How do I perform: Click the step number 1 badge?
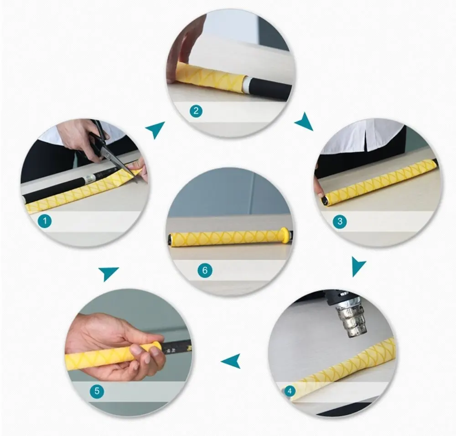[x=45, y=222]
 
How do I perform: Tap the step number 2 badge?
[x=196, y=111]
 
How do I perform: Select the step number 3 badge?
[x=339, y=222]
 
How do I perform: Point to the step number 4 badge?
[x=289, y=391]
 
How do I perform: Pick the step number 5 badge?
[x=97, y=391]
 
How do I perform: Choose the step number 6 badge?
[x=205, y=270]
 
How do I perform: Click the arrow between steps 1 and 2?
[x=156, y=130]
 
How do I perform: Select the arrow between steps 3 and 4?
[x=358, y=266]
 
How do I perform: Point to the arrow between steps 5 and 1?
[x=109, y=273]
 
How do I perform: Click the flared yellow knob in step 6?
[x=284, y=235]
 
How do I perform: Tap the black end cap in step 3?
[x=324, y=200]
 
